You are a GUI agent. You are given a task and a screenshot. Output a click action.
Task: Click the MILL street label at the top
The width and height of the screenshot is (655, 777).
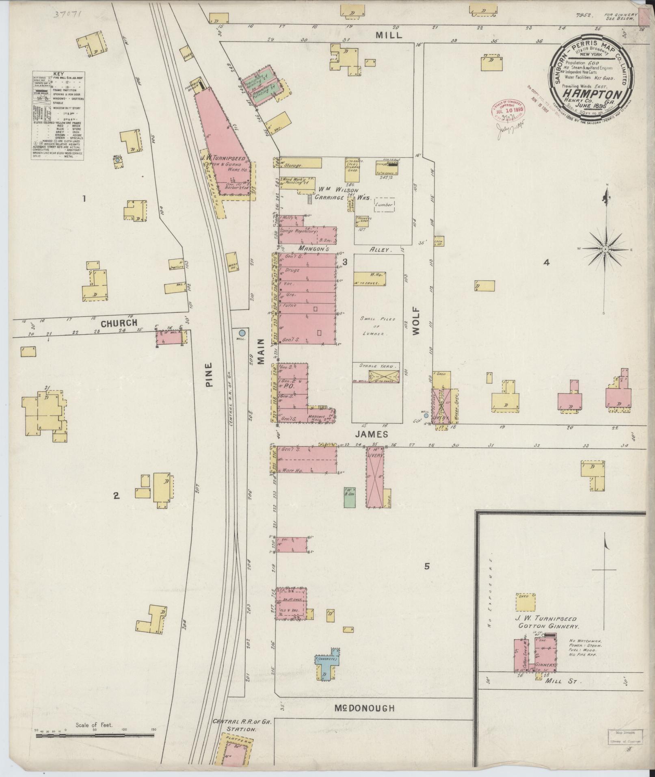point(389,35)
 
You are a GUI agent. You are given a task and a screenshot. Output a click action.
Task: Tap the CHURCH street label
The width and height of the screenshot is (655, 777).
point(119,323)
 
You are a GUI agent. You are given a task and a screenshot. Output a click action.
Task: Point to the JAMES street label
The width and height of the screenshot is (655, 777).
point(372,435)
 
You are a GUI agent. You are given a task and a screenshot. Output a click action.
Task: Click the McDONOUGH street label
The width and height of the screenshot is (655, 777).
point(364,708)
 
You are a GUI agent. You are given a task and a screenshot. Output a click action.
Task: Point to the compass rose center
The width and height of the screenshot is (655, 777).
point(605,249)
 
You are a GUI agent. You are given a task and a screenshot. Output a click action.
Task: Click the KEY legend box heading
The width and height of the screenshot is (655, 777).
point(58,74)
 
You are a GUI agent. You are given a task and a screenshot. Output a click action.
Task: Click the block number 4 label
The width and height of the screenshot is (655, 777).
point(547,263)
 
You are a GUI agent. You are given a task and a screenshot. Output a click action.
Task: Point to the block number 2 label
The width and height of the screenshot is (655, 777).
point(116,495)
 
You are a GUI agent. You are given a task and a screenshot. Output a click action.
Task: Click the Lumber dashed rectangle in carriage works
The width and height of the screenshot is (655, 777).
point(385,205)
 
